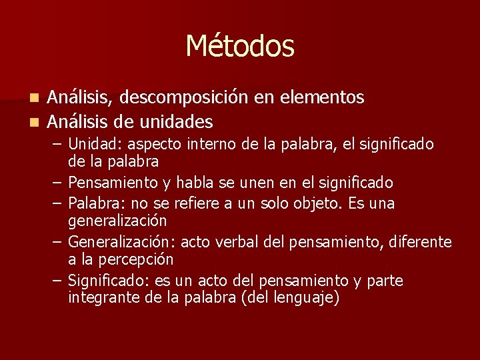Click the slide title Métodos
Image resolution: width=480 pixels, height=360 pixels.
239,46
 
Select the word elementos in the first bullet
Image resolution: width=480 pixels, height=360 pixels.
322,98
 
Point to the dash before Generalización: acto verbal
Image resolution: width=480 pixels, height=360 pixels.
57,241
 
